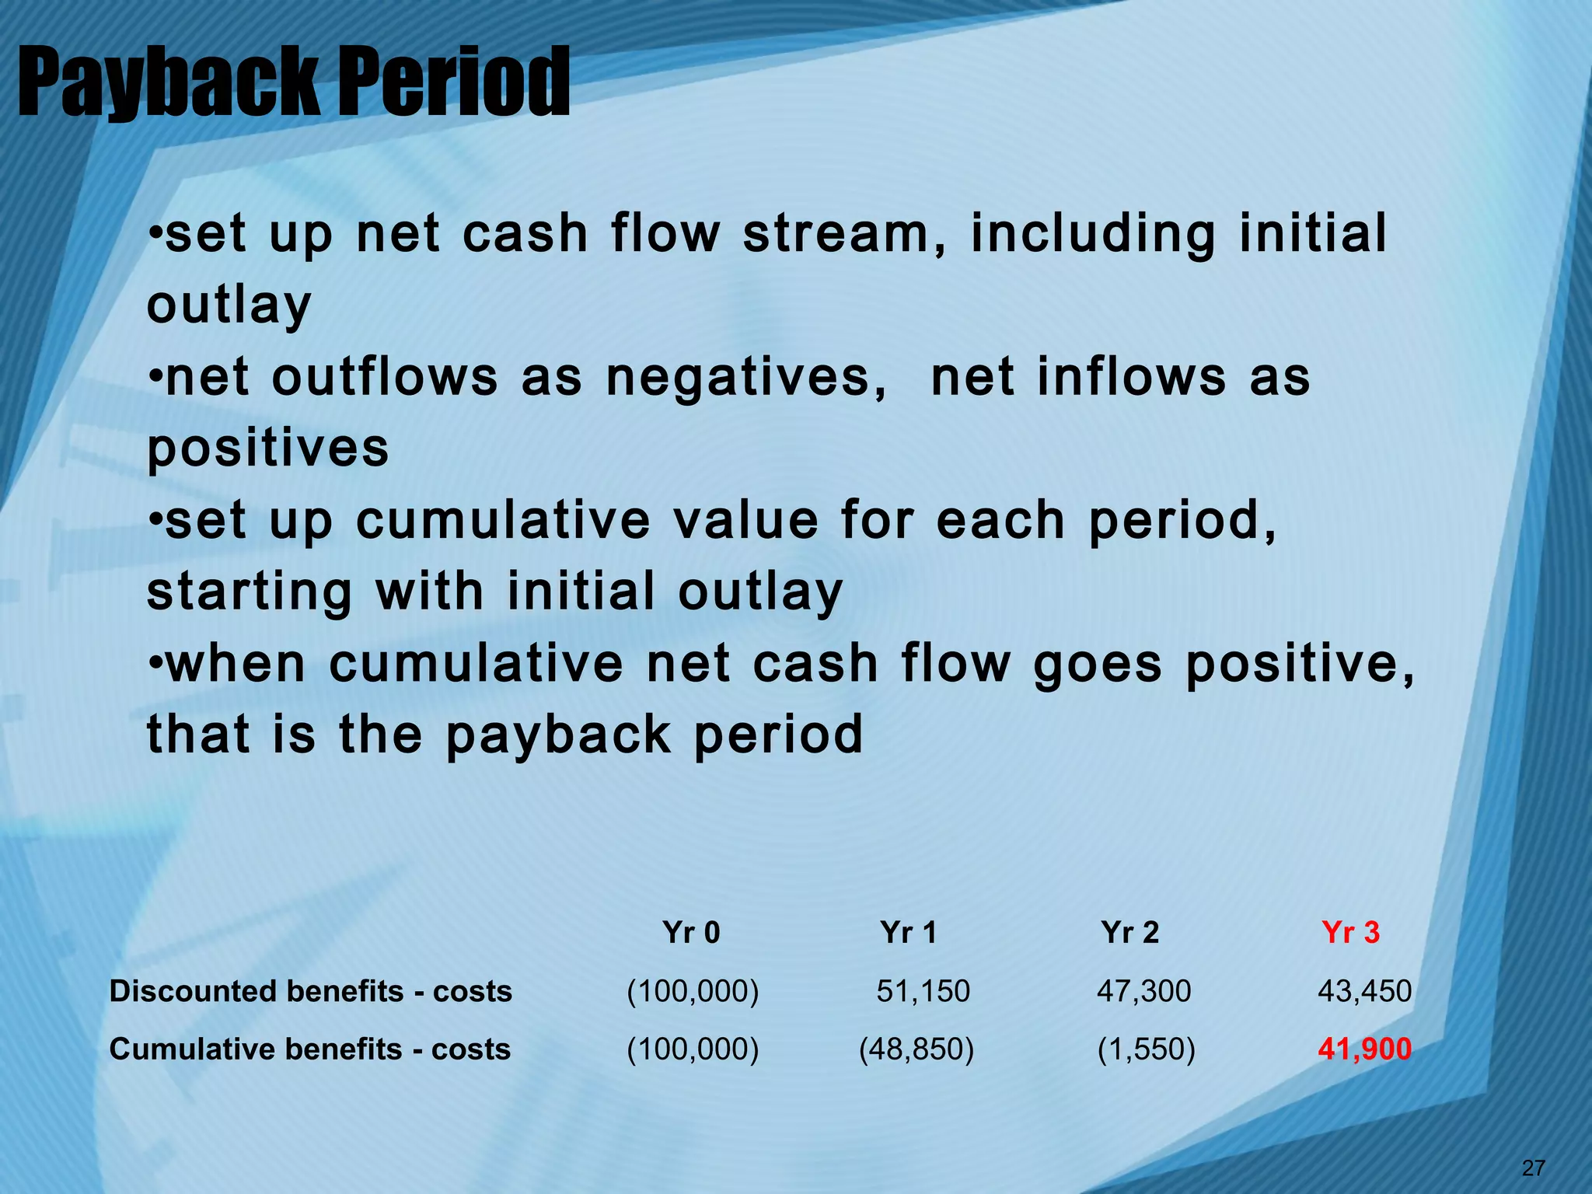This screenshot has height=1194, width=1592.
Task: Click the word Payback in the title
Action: [x=167, y=82]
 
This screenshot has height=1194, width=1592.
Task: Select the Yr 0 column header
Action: [x=691, y=932]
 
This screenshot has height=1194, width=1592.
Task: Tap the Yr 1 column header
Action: [x=909, y=932]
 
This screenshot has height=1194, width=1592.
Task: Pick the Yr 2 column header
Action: [x=1129, y=932]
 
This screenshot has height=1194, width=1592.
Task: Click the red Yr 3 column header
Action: [x=1350, y=932]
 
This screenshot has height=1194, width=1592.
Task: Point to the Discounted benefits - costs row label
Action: [x=311, y=991]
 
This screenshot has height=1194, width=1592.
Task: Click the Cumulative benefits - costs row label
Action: [x=310, y=1049]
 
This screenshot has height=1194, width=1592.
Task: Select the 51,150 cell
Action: [x=923, y=991]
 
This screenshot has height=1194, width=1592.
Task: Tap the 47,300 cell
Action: [x=1143, y=991]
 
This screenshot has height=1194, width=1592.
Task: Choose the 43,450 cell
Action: [x=1364, y=991]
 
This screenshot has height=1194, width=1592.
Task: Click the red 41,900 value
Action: [x=1364, y=1049]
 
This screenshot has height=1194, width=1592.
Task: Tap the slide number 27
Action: [x=1533, y=1168]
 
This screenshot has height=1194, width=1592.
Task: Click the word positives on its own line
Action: [x=268, y=449]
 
